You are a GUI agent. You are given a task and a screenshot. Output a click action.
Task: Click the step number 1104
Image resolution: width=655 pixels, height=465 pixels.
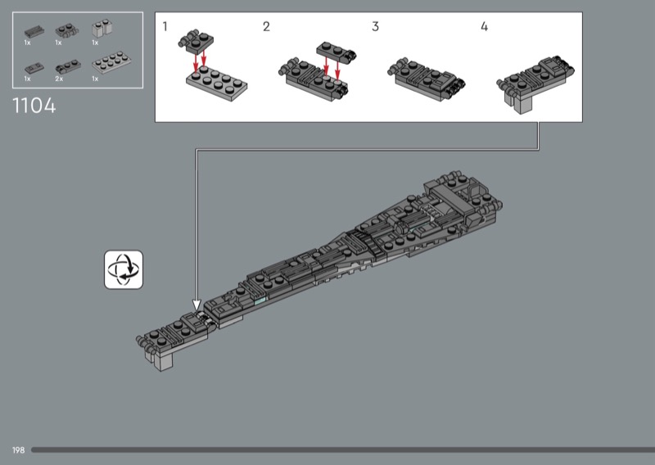coord(34,106)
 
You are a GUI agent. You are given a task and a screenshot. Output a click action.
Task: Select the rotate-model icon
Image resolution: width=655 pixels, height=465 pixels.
coord(124,270)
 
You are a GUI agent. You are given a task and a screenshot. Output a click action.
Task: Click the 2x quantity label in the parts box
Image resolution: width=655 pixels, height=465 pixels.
coord(58,79)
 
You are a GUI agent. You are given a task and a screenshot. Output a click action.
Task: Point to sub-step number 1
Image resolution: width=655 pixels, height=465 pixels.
coord(165,26)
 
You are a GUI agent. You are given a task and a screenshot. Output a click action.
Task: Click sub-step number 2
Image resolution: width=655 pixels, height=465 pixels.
coord(266,26)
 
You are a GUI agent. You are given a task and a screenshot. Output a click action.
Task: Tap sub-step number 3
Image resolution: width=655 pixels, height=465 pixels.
coord(375,26)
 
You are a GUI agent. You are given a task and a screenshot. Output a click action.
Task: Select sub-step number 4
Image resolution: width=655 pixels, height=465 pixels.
coord(484,26)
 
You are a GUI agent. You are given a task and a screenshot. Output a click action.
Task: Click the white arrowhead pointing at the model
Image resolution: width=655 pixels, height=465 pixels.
coord(196,305)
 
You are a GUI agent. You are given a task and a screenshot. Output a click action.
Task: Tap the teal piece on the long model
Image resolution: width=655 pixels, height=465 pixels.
coord(260,302)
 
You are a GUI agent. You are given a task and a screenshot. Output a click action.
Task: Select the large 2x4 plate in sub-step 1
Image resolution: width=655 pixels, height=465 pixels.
coord(217,80)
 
